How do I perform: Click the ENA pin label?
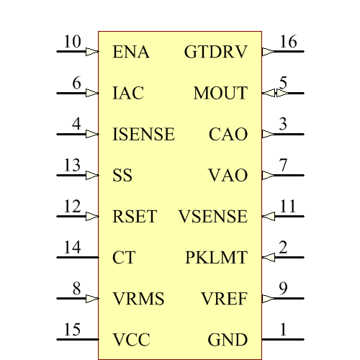[x=131, y=53]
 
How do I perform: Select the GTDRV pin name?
[x=216, y=53]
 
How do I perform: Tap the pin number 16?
[x=288, y=42]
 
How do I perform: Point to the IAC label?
[x=128, y=94]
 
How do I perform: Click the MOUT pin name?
[x=220, y=94]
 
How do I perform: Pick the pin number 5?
[x=283, y=83]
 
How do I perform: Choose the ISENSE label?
[x=144, y=135]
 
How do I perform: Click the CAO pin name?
[x=228, y=135]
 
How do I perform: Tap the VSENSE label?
[x=212, y=217]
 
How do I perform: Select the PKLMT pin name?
[x=216, y=258]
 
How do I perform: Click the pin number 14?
[x=72, y=247]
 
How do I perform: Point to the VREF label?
[x=224, y=299]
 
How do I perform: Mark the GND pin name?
[x=228, y=340]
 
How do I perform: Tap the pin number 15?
[x=72, y=329]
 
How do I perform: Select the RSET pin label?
[x=135, y=217]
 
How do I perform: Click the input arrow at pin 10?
[x=92, y=52]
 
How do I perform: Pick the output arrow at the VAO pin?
[x=268, y=176]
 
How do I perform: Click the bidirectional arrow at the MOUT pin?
[x=269, y=93]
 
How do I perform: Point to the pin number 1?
[x=283, y=329]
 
